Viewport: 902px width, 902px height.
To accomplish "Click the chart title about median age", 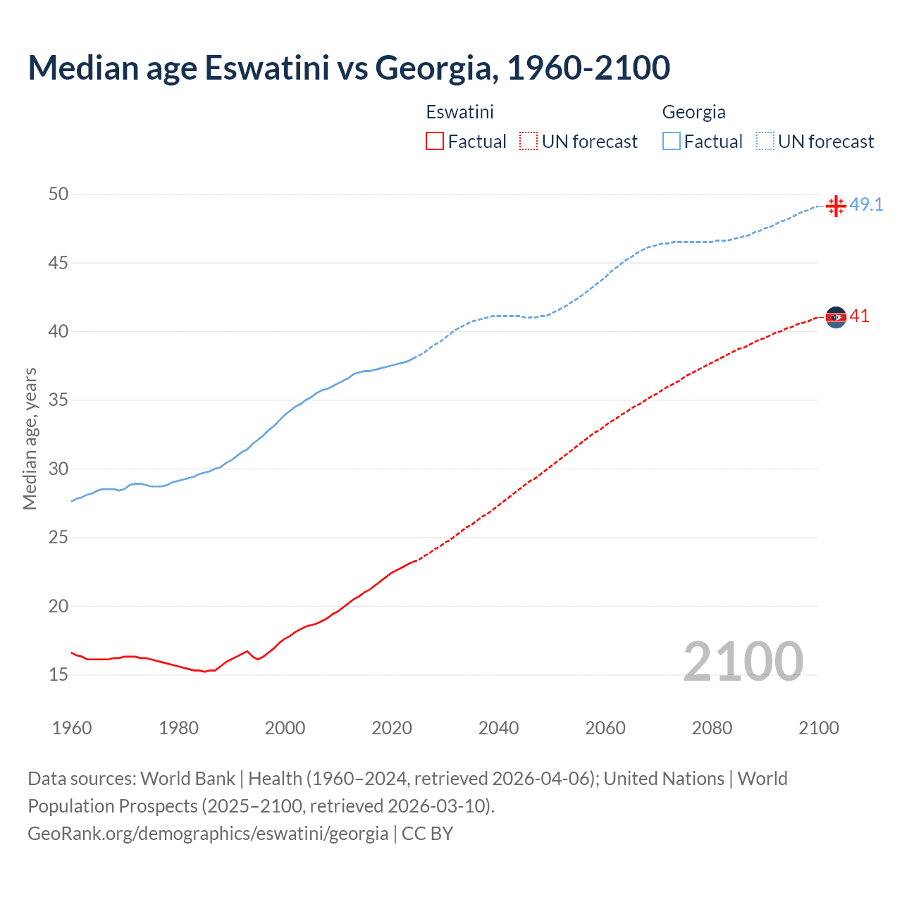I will click(x=349, y=68).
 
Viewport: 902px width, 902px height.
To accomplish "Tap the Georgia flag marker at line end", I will click(x=836, y=206).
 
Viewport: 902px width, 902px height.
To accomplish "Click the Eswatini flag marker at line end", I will click(x=836, y=317).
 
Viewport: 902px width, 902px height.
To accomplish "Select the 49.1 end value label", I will click(x=866, y=205).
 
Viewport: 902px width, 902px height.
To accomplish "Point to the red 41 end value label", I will click(x=859, y=316).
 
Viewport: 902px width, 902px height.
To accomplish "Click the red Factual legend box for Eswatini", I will click(x=435, y=142).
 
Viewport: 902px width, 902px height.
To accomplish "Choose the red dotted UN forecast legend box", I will click(x=529, y=142).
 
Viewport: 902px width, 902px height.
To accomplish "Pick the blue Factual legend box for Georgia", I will click(x=672, y=142).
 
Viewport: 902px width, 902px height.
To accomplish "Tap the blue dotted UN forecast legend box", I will click(x=765, y=142).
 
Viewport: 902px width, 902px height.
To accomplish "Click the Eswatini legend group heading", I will click(x=459, y=112).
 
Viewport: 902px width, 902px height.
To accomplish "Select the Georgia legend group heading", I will click(x=693, y=112).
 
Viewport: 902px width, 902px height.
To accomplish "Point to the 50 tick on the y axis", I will click(x=58, y=194).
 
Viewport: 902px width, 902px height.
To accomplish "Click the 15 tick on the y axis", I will click(x=58, y=675).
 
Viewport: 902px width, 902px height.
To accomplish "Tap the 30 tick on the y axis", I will click(x=58, y=469).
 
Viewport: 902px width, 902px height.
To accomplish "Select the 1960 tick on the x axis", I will click(x=72, y=728).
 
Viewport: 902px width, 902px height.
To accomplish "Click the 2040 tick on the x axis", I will click(x=498, y=728).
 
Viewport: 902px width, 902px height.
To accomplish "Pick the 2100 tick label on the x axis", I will click(x=818, y=728).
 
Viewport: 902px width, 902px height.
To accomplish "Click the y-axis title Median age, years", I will click(x=30, y=438).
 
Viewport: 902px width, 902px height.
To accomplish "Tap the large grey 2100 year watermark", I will click(x=743, y=662).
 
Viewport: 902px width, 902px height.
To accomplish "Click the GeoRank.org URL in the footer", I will click(x=208, y=834).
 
